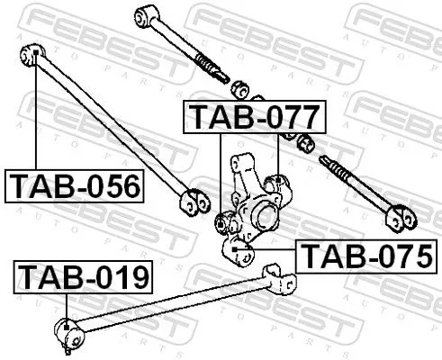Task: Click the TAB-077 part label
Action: coord(252,117)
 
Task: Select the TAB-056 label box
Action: coord(76,185)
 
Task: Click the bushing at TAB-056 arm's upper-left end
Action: coord(30,57)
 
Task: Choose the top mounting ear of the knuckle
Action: coord(241,165)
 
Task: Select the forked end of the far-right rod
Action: coord(400,217)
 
